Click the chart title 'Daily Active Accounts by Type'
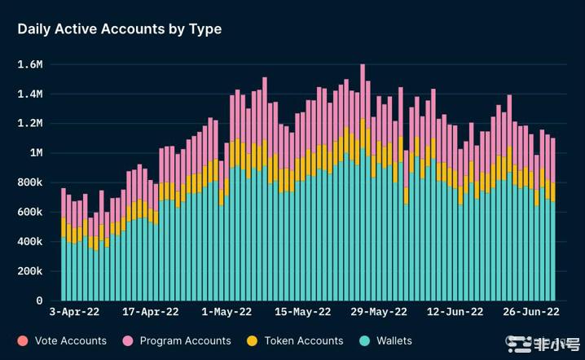coord(120,29)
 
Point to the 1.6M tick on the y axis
coord(31,64)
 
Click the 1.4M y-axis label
coord(31,94)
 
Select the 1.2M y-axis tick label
coord(31,124)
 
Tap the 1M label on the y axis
coord(36,153)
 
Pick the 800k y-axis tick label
coord(29,182)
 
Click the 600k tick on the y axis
coord(29,212)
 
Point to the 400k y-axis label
coord(29,242)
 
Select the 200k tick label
coord(29,271)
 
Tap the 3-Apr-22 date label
coord(75,311)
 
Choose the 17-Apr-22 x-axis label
coord(151,311)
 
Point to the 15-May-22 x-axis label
coord(303,311)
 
